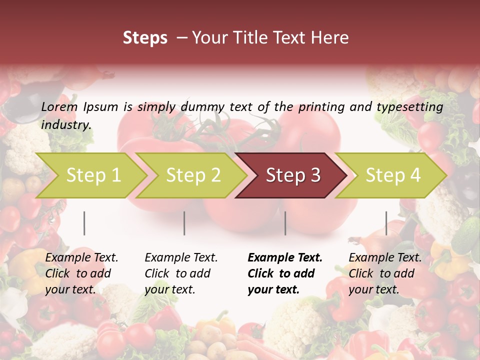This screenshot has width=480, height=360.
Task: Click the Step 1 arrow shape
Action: tap(90, 175)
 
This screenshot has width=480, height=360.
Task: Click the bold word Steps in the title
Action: tap(145, 38)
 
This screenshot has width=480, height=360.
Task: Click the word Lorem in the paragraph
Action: tap(59, 106)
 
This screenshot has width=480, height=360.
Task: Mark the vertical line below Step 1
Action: tap(84, 223)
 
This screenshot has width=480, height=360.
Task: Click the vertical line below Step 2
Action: tap(184, 223)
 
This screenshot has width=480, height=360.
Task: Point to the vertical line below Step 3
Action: tap(285, 223)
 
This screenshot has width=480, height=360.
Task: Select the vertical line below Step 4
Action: tap(386, 223)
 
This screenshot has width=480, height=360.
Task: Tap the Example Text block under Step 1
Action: tap(81, 273)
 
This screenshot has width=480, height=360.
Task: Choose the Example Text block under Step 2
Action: tap(181, 273)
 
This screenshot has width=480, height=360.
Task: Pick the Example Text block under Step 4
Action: tap(385, 273)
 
